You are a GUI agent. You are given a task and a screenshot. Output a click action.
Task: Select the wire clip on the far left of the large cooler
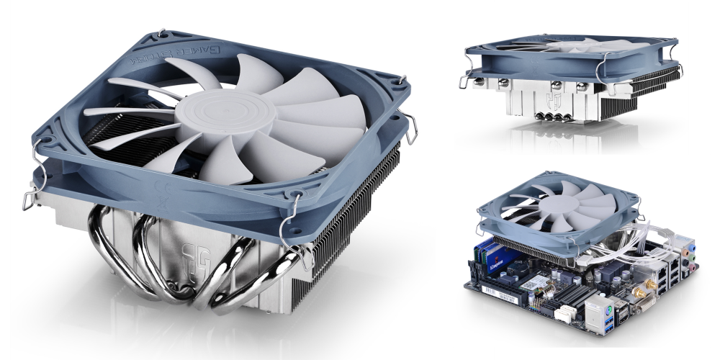pyautogui.click(x=30, y=197)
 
